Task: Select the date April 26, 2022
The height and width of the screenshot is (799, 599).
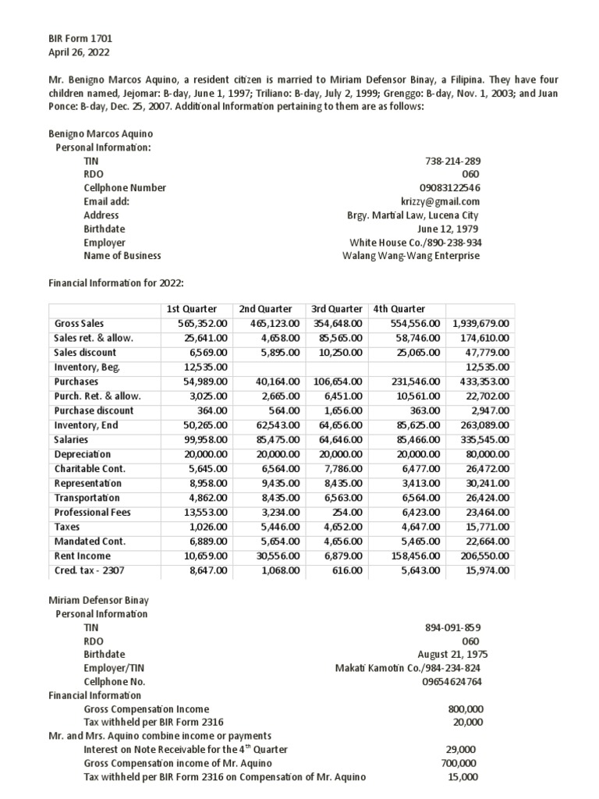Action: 80,52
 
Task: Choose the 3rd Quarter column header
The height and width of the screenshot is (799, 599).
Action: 336,309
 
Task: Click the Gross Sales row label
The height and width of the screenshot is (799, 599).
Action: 79,323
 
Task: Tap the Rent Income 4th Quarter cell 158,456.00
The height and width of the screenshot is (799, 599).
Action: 415,556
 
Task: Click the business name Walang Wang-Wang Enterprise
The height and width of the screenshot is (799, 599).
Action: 412,256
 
